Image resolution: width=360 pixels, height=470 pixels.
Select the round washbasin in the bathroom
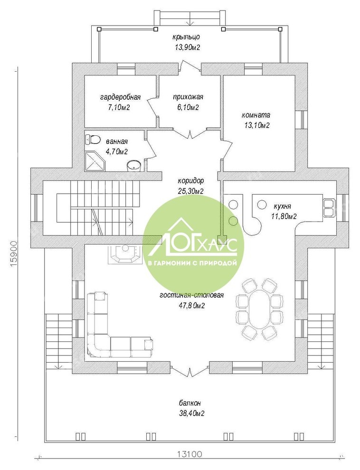click(x=133, y=166)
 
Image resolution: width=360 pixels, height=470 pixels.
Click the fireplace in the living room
click(x=125, y=255)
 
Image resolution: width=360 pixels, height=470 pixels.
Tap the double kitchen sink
click(x=329, y=207)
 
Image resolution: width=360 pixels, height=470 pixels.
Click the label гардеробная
click(x=120, y=97)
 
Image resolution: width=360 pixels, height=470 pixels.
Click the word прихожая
click(x=188, y=97)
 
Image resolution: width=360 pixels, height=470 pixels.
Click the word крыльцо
click(x=186, y=37)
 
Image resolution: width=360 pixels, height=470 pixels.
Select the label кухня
click(x=282, y=206)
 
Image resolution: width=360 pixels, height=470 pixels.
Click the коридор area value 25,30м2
click(x=190, y=191)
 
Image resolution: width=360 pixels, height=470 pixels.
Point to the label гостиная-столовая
click(x=192, y=295)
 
